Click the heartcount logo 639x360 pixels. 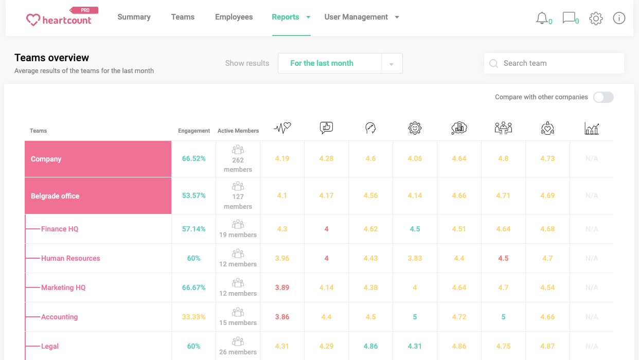point(59,20)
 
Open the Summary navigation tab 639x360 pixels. point(134,17)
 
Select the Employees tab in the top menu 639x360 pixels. point(234,17)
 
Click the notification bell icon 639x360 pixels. point(542,19)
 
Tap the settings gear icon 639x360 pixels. point(596,19)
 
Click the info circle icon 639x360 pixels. point(619,19)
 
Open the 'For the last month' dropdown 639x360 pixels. point(340,63)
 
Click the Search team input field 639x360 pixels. point(558,63)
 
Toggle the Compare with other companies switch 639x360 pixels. point(603,97)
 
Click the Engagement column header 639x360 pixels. point(194,131)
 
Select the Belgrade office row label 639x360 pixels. point(55,196)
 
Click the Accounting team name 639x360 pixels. point(60,317)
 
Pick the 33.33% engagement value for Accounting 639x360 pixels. point(193,317)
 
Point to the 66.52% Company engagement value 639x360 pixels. point(193,158)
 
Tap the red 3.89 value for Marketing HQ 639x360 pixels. point(282,287)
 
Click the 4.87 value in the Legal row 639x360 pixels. point(547,346)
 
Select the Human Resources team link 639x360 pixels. point(70,258)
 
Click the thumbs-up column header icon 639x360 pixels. point(326,128)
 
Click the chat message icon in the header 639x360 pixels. point(569,19)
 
